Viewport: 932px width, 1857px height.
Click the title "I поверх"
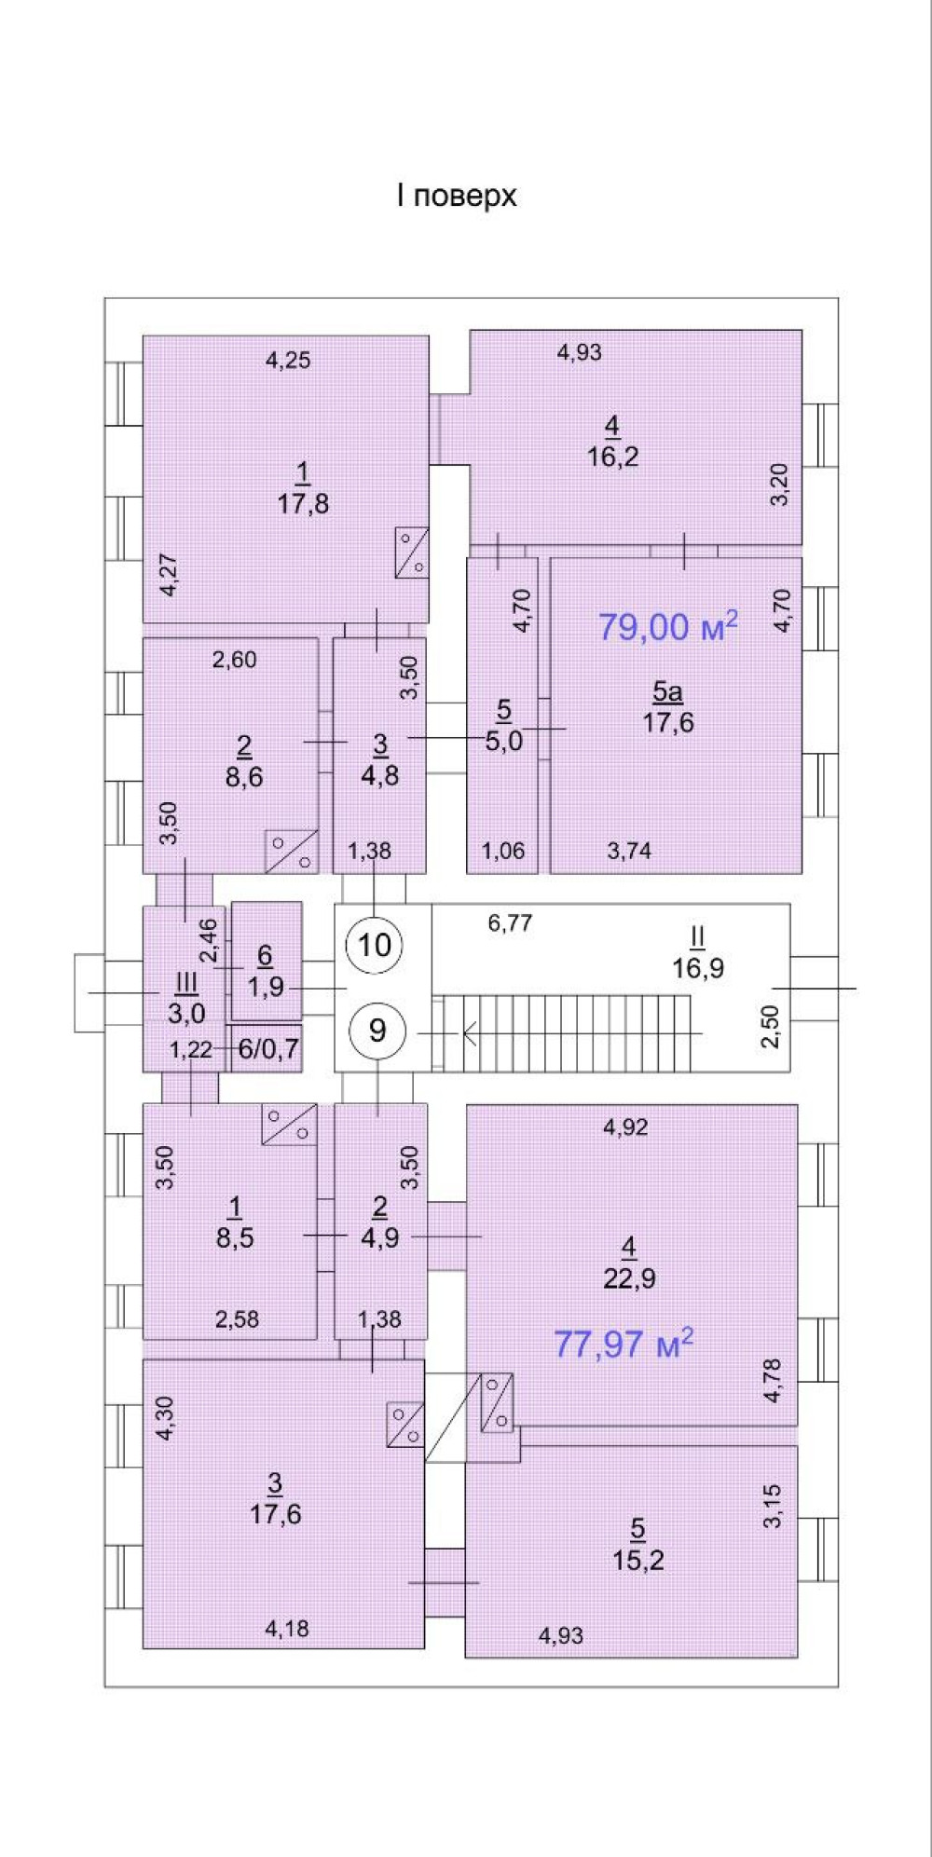click(457, 197)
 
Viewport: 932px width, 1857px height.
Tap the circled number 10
click(375, 945)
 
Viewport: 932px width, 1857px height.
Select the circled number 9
click(377, 1030)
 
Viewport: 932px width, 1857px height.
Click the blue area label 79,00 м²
click(667, 625)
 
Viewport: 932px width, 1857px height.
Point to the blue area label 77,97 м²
click(624, 1343)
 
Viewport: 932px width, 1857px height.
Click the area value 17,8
click(303, 504)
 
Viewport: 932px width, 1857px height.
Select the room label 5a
click(667, 691)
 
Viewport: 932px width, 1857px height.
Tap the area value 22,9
click(629, 1278)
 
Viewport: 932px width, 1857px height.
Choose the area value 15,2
click(638, 1560)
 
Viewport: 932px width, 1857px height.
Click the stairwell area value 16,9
click(698, 967)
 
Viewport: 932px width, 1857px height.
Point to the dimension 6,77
click(510, 923)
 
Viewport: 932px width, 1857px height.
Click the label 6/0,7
click(268, 1049)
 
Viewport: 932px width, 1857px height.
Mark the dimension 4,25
click(288, 360)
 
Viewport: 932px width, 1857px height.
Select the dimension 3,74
click(629, 850)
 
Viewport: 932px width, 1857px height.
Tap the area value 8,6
click(244, 776)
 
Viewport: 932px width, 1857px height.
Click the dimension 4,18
click(287, 1629)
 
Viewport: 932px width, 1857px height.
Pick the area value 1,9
click(266, 986)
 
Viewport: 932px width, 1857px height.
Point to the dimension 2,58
click(237, 1318)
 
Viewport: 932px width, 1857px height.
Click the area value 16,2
click(612, 457)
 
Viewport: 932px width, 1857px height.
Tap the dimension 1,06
click(503, 850)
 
